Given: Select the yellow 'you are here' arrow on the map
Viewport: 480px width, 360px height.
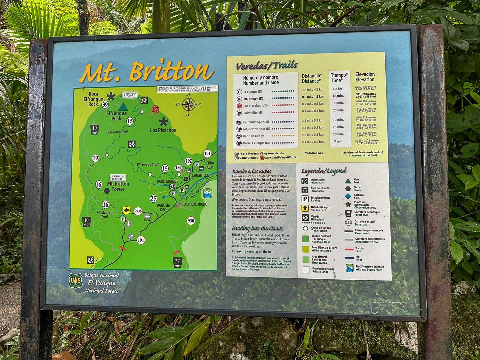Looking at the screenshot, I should coord(127,210).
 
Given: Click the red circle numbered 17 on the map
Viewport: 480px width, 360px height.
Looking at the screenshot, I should coord(155,109).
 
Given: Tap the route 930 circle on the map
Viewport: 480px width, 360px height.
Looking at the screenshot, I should coord(191,221).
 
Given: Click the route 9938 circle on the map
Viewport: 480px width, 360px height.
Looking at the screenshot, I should coord(138,211).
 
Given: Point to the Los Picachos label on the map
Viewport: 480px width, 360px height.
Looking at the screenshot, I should coord(163,130).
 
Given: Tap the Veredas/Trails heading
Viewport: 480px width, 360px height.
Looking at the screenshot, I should coord(267,66).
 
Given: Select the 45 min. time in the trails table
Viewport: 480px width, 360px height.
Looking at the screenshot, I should coord(338,96).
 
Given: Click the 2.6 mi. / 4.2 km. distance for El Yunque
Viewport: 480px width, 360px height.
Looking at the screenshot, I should coord(313,90).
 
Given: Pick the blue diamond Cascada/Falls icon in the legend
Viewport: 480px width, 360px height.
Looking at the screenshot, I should coord(348,196).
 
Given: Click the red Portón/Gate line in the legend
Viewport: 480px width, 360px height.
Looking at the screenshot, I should coord(349,249).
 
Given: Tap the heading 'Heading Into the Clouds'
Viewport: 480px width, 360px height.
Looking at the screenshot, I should coord(258,228).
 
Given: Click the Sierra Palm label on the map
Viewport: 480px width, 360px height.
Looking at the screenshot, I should coord(209,165).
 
